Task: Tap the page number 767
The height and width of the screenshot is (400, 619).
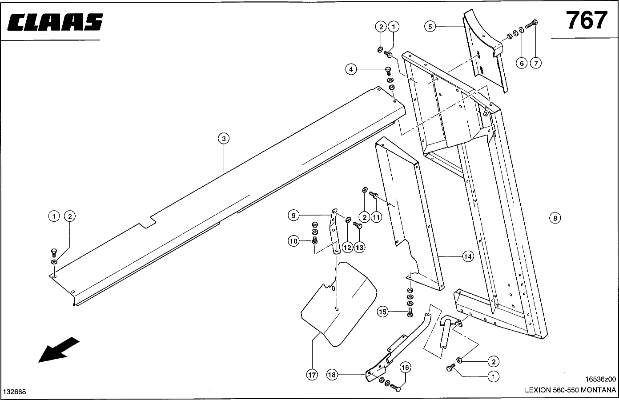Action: point(586,20)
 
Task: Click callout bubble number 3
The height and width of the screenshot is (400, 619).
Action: point(224,139)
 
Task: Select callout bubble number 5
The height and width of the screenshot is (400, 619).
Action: point(429,27)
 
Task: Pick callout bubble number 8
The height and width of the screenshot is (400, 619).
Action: point(555,218)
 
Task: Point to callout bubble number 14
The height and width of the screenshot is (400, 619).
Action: point(467,256)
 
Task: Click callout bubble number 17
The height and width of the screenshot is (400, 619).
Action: point(312,375)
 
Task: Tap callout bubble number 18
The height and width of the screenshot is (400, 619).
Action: point(332,375)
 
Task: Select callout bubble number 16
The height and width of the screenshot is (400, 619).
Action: point(405,368)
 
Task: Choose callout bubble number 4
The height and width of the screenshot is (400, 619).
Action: point(351,69)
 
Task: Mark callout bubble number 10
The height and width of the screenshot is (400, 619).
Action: point(293,241)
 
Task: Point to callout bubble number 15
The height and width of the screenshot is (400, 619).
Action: point(383,312)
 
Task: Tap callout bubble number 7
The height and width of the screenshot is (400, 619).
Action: point(535,63)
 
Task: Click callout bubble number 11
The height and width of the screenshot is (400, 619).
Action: point(376,217)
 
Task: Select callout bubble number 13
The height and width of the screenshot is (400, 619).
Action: point(359,247)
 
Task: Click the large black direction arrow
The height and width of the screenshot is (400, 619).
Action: point(59,350)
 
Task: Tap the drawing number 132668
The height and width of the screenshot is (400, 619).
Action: point(15,392)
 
